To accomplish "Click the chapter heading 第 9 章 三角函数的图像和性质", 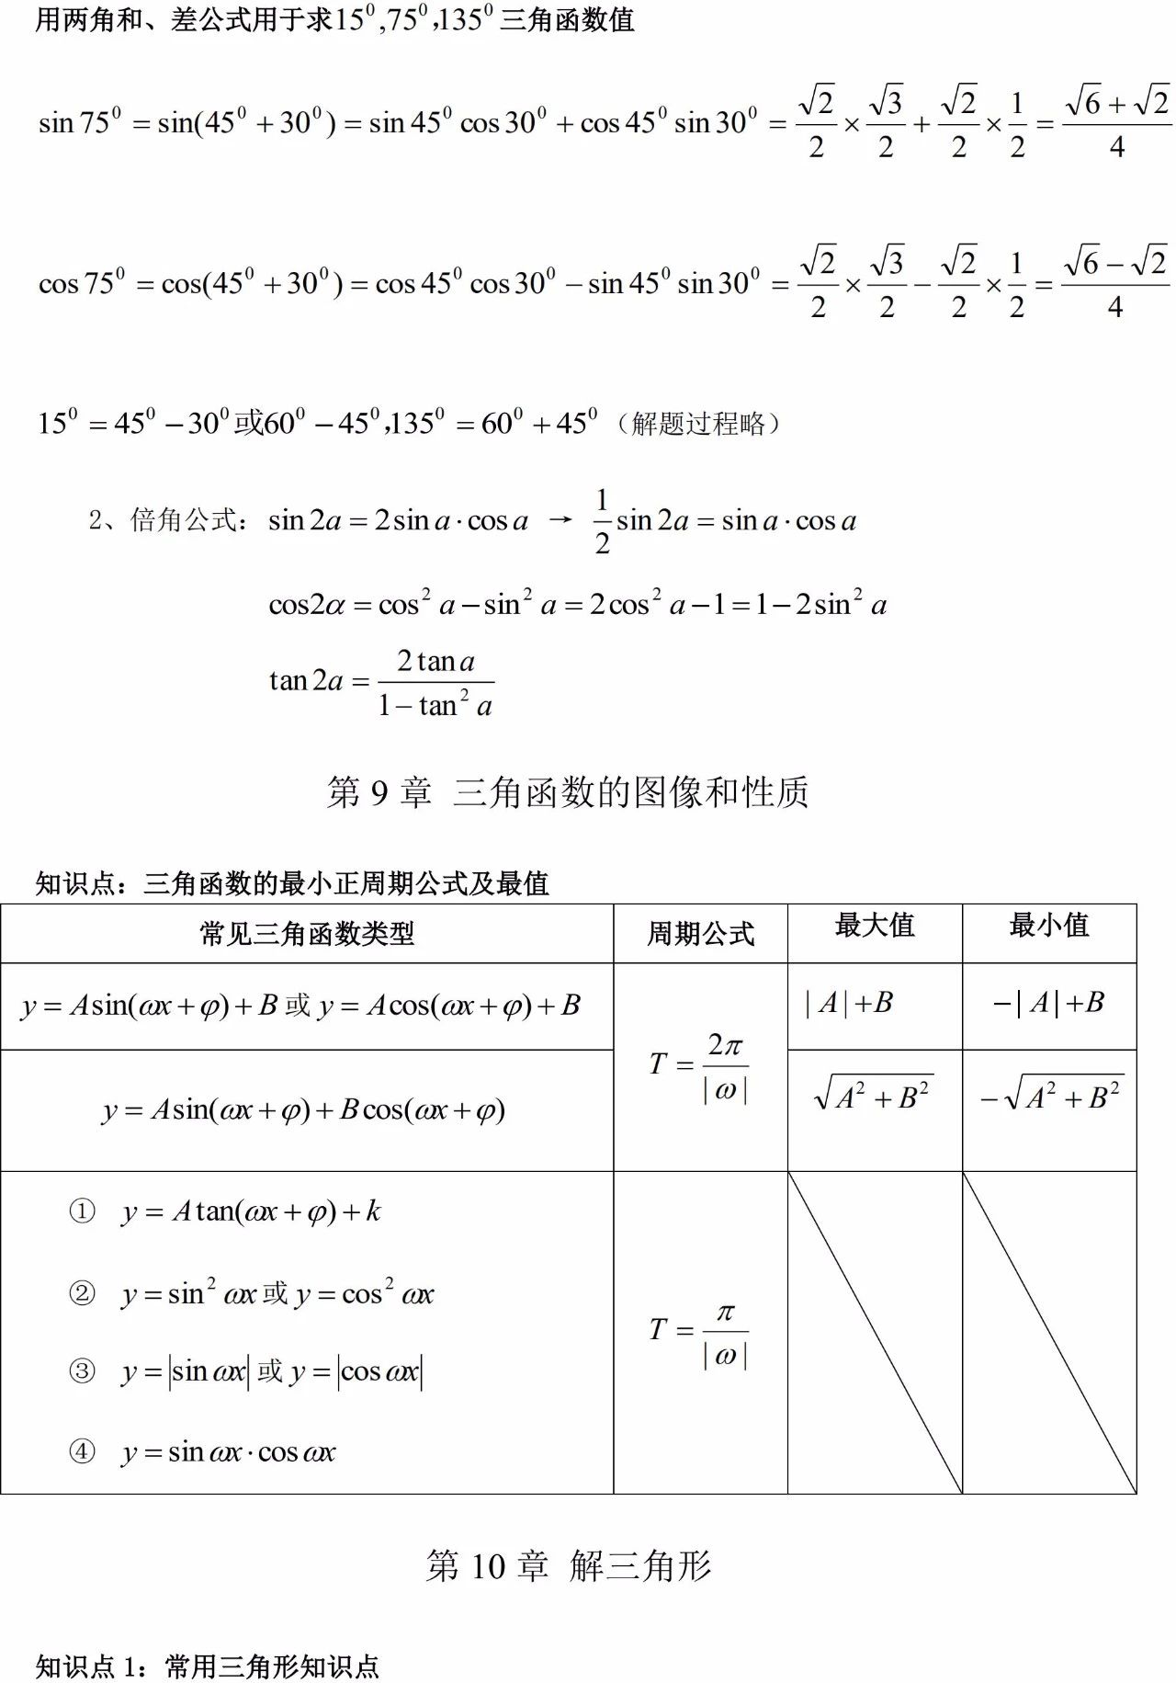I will coord(567,791).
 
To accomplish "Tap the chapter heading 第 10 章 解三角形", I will coord(568,1565).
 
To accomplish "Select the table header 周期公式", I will coord(700,934).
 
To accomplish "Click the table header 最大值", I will coord(874,925).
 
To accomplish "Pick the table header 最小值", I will coord(1048,925).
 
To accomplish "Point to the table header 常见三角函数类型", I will coord(307,934).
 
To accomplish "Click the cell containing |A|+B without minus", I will coord(848,1003).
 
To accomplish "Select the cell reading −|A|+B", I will coord(1048,1003).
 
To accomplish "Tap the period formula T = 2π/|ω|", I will coord(699,1066).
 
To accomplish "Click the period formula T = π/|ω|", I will coord(699,1332).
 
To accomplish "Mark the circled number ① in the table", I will coord(82,1211).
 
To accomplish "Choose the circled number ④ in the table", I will coord(82,1451).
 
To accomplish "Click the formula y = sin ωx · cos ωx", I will coord(229,1452).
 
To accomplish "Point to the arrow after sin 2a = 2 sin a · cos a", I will coord(560,520).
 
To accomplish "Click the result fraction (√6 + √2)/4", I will coord(1116,122).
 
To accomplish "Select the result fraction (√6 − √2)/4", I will coord(1115,283).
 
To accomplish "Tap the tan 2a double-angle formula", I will coord(380,682).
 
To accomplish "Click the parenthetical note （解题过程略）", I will coord(698,424).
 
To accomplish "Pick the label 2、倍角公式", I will coord(168,520).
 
